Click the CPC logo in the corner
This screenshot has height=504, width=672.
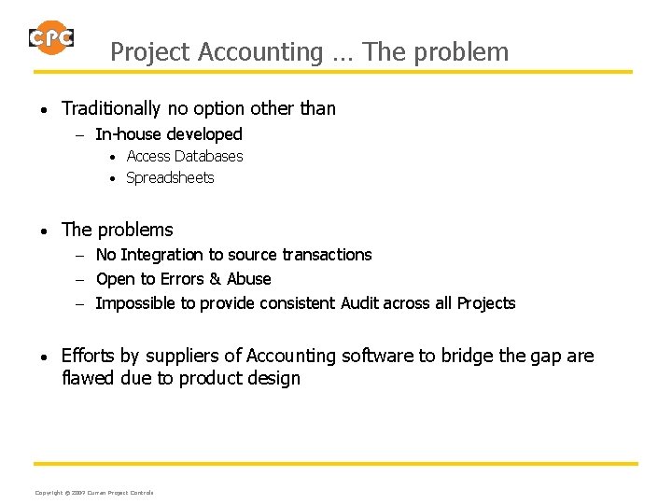51,38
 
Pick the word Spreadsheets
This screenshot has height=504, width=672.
170,177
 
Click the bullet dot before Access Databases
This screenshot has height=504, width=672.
112,157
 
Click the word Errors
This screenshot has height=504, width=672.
183,279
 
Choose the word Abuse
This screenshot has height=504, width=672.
249,279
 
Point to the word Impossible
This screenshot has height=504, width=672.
136,303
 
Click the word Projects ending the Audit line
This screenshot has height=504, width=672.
485,303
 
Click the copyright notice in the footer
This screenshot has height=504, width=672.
94,492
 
